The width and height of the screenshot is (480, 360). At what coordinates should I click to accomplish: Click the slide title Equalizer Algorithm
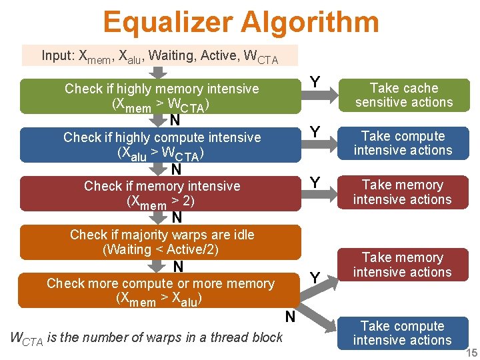[241, 22]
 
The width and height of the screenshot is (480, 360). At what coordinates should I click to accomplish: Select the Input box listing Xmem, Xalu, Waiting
[160, 56]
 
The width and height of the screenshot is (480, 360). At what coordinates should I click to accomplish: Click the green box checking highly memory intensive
[161, 96]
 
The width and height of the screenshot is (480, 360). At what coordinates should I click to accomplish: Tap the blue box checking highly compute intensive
[161, 145]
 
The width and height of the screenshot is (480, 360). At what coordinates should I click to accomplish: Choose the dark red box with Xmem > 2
[161, 193]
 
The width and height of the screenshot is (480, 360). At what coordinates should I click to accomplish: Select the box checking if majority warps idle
[161, 242]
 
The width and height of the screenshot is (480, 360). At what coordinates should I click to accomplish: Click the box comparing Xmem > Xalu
[161, 291]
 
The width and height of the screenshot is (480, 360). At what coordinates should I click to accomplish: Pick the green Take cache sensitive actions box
[403, 95]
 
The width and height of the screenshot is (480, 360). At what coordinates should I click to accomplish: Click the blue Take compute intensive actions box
[403, 143]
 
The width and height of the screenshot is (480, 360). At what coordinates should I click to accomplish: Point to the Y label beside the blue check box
[315, 131]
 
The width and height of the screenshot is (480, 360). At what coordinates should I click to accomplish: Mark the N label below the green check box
[175, 121]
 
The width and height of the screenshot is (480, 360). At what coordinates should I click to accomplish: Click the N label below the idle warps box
[178, 267]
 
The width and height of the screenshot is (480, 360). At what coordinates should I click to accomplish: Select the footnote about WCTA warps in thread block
[147, 337]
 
